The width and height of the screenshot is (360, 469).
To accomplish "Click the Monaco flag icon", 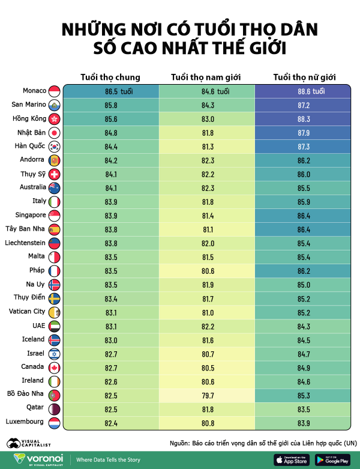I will [54, 91].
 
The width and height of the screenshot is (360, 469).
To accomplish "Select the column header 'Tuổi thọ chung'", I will [110, 77].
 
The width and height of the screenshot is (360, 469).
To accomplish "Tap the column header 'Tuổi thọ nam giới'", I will [207, 77].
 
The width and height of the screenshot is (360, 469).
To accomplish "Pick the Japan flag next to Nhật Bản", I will [54, 133].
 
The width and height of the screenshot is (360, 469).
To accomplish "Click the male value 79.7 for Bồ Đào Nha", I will [207, 395].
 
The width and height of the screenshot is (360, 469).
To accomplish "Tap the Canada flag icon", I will [54, 367].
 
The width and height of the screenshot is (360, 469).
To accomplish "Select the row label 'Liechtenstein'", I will [25, 243].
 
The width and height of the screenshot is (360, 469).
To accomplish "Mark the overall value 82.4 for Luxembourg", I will [110, 423].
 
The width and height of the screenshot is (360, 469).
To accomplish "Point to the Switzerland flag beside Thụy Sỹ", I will [54, 174].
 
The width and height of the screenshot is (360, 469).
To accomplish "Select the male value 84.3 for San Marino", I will [207, 105].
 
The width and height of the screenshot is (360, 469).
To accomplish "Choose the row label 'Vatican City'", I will [26, 311].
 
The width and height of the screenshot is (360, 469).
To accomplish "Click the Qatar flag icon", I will [54, 409].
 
